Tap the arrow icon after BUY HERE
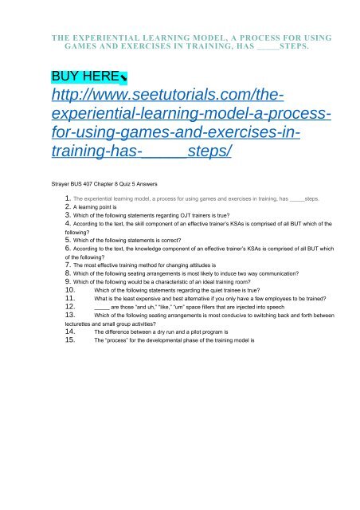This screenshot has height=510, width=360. click(x=121, y=78)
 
